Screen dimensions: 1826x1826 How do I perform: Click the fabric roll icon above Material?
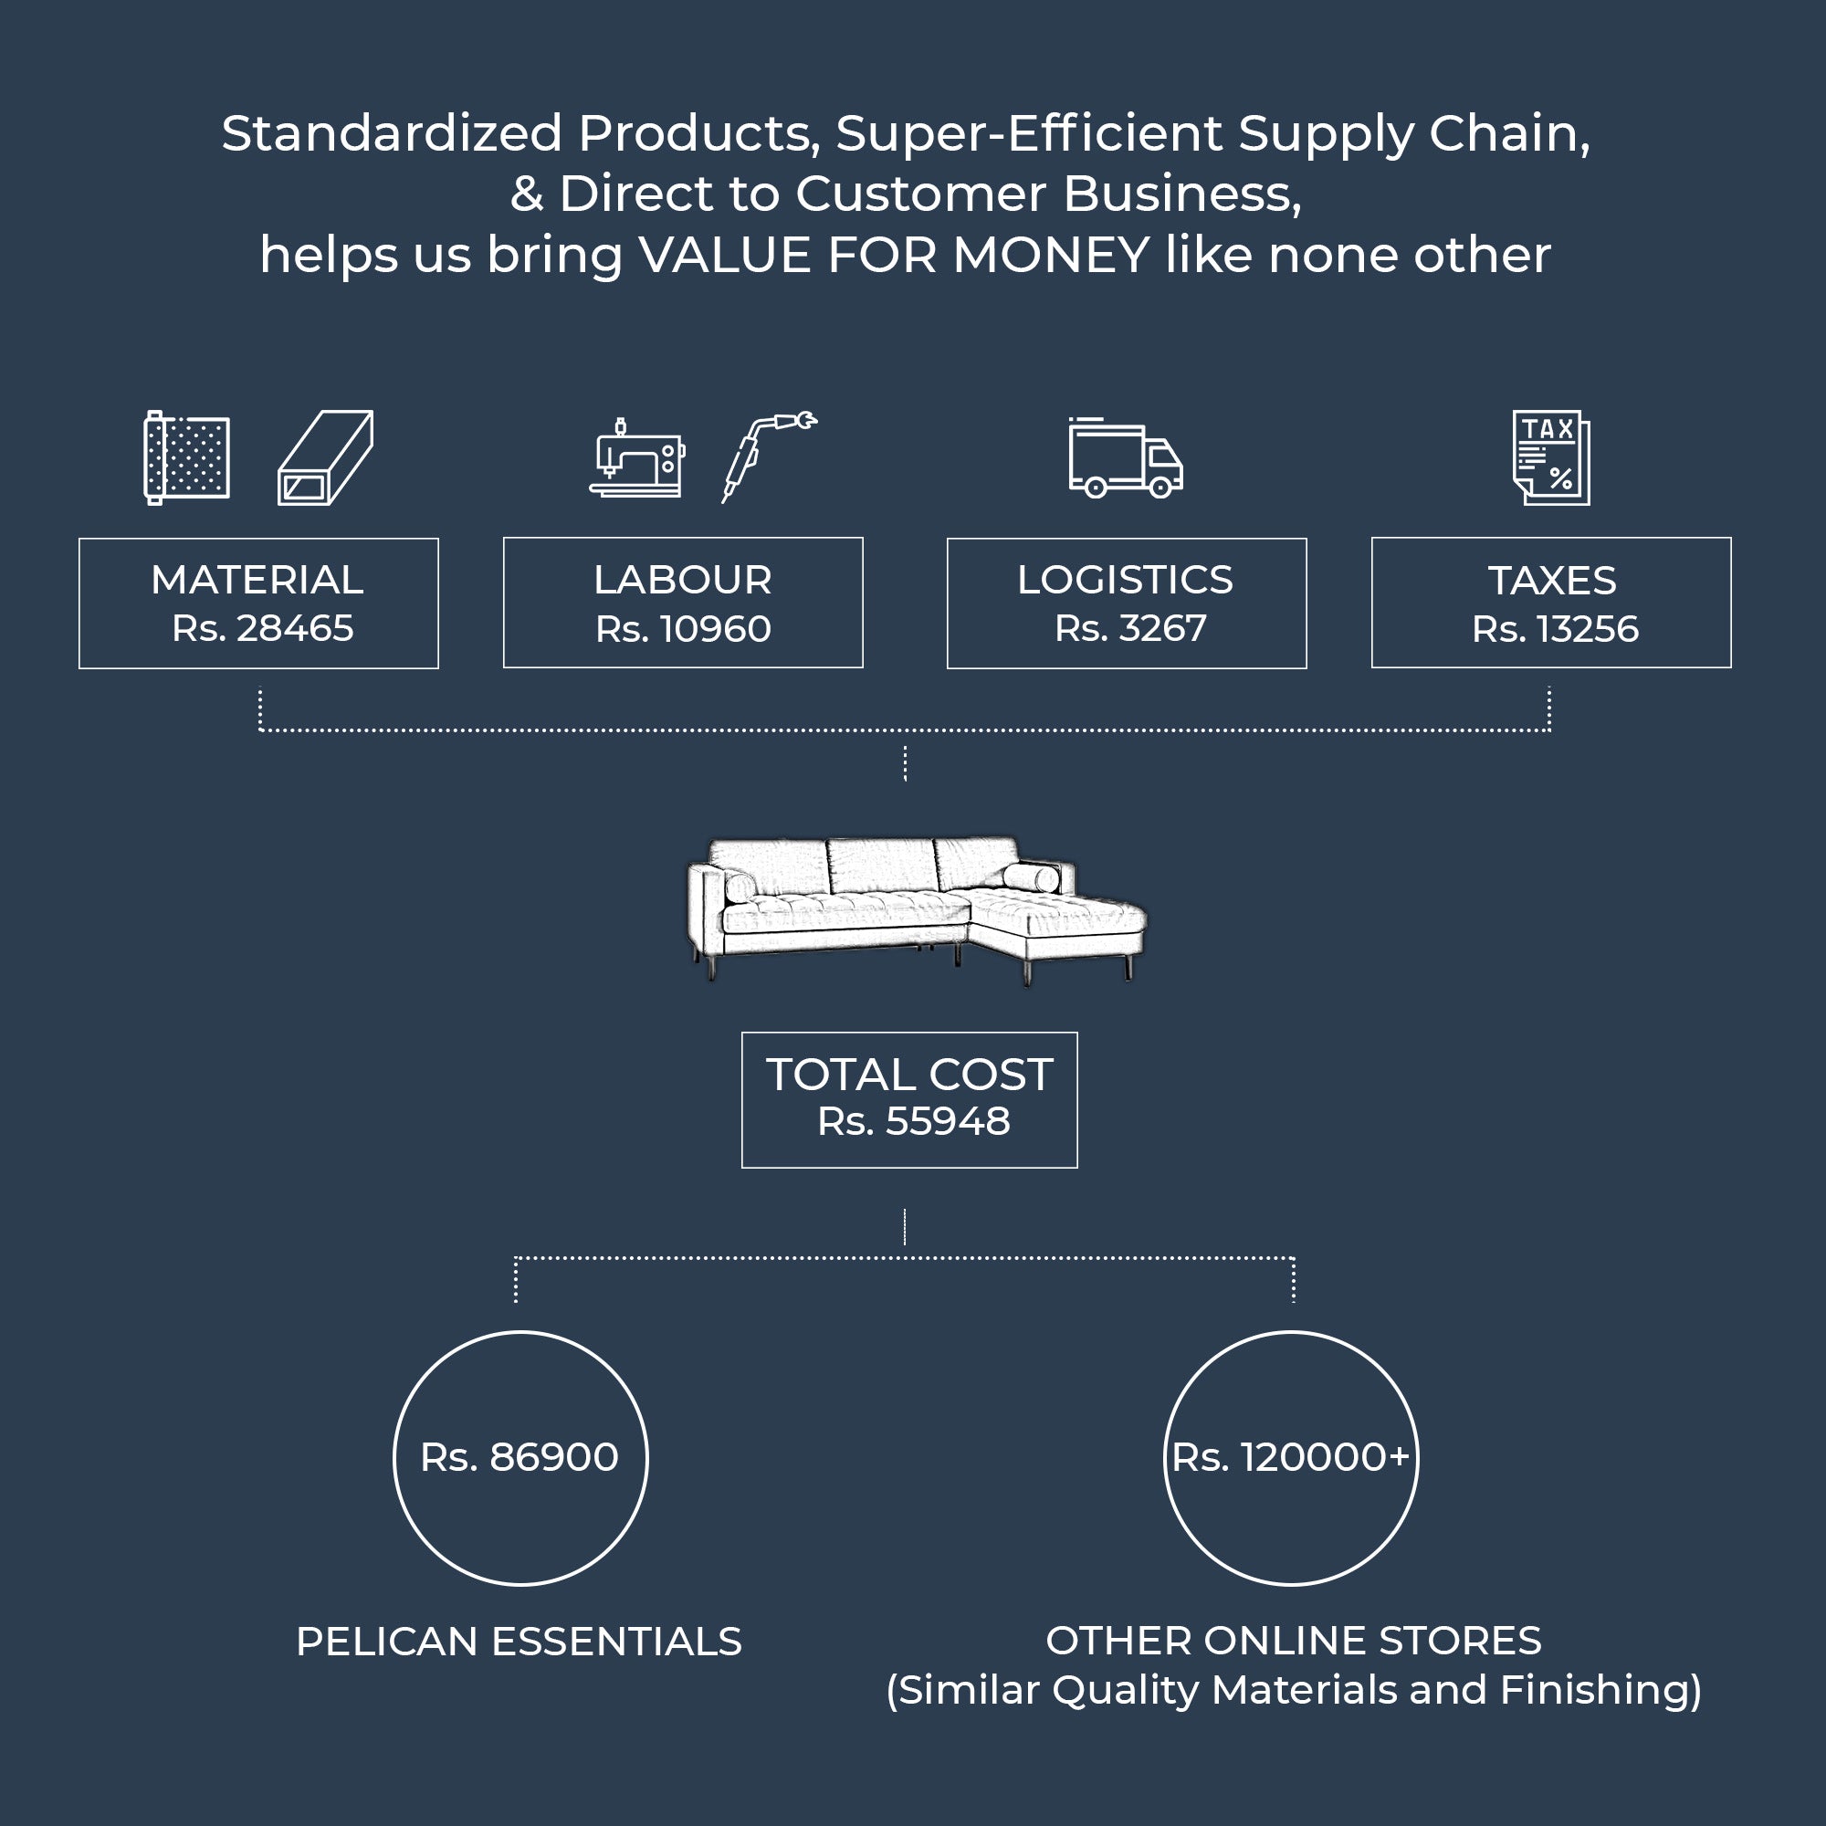point(186,457)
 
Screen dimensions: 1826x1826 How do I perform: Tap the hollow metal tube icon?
point(325,457)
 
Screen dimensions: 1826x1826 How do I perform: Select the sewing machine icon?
point(636,457)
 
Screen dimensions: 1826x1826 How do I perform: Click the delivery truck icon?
point(1125,458)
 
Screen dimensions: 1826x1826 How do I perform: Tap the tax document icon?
point(1551,457)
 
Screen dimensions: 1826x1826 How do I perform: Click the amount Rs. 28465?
point(263,628)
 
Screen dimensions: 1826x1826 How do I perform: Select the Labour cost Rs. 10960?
point(683,629)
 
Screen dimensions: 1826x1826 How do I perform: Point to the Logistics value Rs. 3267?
point(1130,628)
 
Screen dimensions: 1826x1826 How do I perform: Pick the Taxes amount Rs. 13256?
point(1555,629)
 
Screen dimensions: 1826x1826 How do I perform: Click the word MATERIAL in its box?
point(257,580)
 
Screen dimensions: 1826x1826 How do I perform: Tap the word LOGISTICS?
point(1125,580)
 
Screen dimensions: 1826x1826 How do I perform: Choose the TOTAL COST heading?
point(909,1075)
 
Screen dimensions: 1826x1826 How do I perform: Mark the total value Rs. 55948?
point(913,1122)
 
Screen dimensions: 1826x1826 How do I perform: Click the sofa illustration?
point(915,909)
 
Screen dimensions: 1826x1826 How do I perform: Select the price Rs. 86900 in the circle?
point(519,1457)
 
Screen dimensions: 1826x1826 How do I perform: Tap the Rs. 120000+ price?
point(1290,1457)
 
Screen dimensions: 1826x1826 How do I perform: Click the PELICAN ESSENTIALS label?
point(519,1642)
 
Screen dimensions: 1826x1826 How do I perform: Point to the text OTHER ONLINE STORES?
point(1293,1641)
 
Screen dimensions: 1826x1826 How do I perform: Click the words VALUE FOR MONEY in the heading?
point(893,256)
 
